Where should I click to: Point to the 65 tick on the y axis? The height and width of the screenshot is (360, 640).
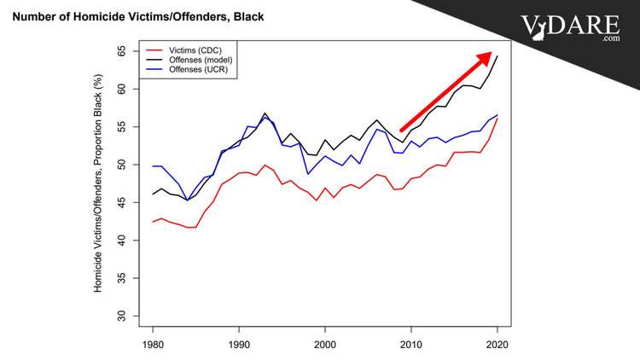[x=122, y=51]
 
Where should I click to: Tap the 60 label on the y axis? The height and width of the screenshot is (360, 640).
[x=122, y=89]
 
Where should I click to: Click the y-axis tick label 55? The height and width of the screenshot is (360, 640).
[x=122, y=127]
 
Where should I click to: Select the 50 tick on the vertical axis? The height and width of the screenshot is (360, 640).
[x=122, y=165]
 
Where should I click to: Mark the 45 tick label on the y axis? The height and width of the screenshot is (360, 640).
[x=122, y=203]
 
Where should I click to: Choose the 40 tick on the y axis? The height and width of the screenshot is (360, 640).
[x=122, y=241]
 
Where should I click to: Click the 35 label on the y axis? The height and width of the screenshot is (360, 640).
[x=122, y=279]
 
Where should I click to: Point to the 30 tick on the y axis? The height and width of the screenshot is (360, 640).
[x=122, y=316]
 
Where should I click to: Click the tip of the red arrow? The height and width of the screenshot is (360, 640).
[x=492, y=53]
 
